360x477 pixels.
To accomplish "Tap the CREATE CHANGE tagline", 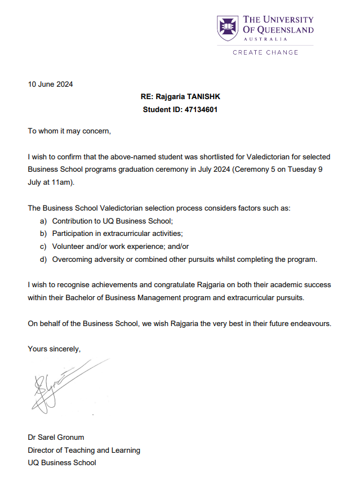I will [265, 52].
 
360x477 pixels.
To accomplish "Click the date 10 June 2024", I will [50, 84].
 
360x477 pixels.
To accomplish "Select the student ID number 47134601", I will [201, 110].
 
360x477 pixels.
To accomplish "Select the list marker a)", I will [43, 221].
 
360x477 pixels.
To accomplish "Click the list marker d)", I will [43, 259].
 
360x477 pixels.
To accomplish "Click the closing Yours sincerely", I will [54, 349].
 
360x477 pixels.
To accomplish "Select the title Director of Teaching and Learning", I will [84, 450].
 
